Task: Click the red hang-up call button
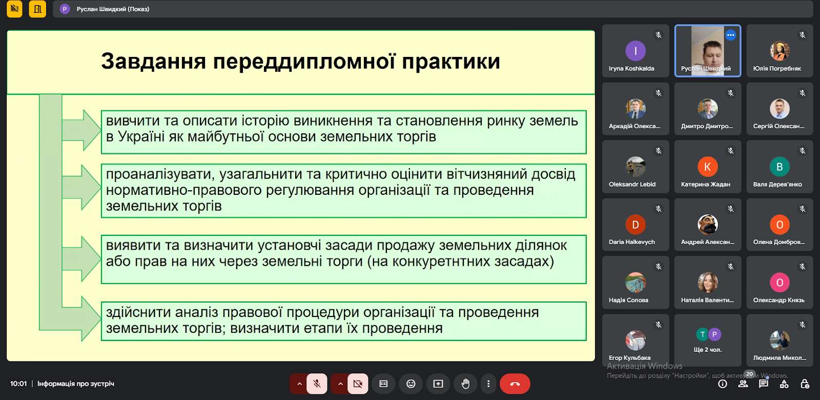515,384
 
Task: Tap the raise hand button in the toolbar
465,384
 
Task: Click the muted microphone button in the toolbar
317,384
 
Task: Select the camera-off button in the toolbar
358,384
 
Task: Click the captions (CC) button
383,384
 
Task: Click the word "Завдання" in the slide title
153,61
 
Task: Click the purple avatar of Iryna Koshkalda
635,51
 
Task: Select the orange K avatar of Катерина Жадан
707,167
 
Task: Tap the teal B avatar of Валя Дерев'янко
780,167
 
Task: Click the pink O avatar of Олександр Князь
780,283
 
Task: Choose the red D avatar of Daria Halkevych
635,225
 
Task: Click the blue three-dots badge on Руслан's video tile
731,35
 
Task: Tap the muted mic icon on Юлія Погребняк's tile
803,35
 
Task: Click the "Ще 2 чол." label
707,349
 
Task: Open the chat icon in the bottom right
763,384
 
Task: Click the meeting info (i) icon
722,384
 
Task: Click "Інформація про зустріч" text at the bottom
76,384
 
